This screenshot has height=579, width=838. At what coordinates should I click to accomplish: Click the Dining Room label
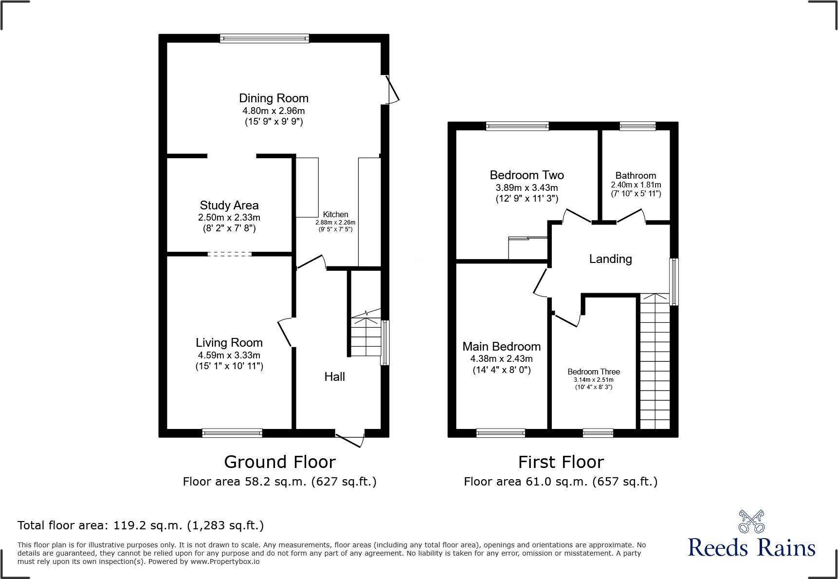point(273,98)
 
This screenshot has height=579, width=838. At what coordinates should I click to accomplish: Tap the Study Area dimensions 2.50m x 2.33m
point(229,218)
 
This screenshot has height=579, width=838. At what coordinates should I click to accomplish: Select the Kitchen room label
point(335,214)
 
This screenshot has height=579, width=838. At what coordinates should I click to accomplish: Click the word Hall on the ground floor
point(334,376)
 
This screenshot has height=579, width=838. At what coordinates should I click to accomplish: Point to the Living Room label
point(229,343)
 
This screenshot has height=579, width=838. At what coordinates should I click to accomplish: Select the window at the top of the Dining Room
point(264,38)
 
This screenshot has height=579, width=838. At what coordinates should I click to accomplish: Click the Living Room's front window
point(232,433)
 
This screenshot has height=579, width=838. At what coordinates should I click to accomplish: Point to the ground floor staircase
point(365,336)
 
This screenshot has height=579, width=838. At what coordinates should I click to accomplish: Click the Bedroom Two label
point(527,175)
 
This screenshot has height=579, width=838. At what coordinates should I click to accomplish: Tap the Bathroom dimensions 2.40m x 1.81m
point(636,185)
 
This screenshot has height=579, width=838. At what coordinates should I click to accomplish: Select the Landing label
point(610,259)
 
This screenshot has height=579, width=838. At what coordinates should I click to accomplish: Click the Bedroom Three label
point(593,372)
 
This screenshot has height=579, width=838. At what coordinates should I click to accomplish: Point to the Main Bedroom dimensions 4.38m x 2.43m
point(501,359)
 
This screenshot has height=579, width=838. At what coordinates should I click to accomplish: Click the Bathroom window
point(638,126)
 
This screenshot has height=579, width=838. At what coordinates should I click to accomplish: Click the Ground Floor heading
point(280,462)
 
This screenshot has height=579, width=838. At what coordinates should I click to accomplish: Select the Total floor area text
point(141,525)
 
